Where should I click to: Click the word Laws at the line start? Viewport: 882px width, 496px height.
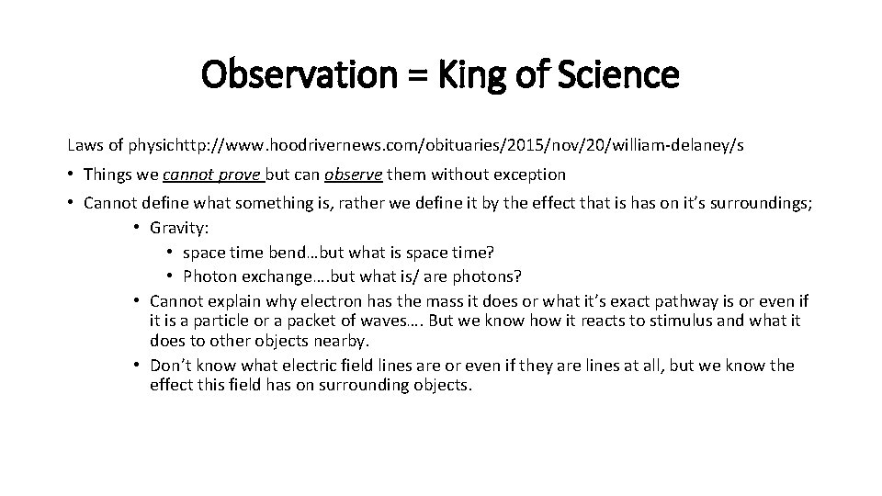click(83, 145)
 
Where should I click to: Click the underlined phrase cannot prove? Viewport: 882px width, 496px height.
click(211, 175)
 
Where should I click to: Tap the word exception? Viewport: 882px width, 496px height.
click(531, 175)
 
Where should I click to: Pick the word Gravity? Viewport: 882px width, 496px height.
click(177, 228)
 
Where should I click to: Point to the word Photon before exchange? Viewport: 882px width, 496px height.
click(209, 276)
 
